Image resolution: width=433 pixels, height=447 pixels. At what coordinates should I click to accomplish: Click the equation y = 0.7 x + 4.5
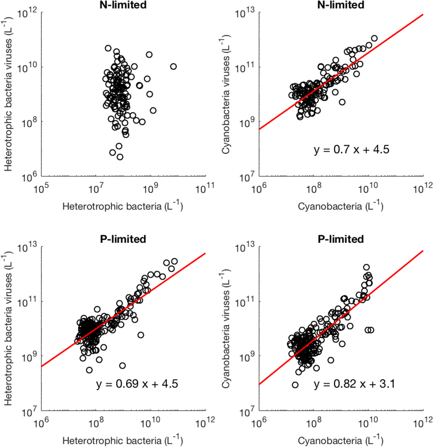[x=351, y=150]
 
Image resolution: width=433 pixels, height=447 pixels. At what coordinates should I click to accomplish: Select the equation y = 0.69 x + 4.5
[x=137, y=384]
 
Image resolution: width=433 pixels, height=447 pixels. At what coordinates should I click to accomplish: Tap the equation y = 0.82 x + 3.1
[x=354, y=384]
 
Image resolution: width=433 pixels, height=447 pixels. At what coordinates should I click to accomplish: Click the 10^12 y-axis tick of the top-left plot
[x=27, y=14]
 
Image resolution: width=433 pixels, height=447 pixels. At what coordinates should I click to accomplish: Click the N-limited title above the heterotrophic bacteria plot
[x=123, y=5]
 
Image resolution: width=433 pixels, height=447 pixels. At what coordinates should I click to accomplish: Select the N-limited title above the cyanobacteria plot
[x=341, y=5]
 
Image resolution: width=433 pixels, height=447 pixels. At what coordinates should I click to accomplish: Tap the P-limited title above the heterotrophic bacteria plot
[x=123, y=239]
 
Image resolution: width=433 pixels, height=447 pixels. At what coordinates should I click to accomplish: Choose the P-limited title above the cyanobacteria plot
[x=341, y=239]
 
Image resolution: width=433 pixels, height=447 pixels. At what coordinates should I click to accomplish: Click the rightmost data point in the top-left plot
[x=173, y=67]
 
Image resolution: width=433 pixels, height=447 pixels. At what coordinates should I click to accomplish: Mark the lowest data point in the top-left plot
[x=120, y=157]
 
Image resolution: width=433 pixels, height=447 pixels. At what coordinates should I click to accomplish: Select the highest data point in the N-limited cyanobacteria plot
[x=374, y=38]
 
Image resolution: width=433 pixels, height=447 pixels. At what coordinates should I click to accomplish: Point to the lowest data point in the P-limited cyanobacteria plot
[x=295, y=385]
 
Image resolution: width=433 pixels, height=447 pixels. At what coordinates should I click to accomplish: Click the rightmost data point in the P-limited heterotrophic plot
[x=174, y=261]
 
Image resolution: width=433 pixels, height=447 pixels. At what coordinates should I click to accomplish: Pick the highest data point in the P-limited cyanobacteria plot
[x=366, y=267]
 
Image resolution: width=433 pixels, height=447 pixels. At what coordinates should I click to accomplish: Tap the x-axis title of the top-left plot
[x=122, y=206]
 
